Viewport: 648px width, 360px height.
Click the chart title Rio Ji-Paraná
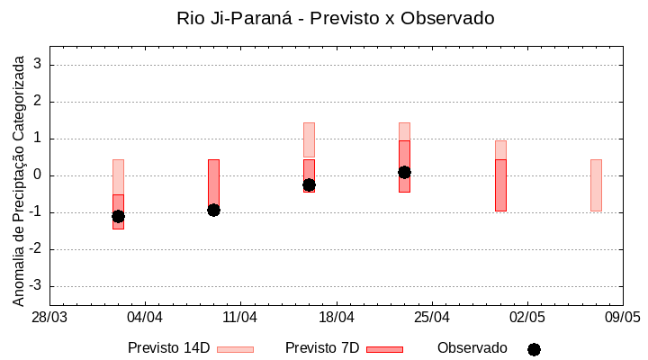click(x=336, y=18)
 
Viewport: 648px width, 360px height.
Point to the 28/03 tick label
click(x=49, y=318)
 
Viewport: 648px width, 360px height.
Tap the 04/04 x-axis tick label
click(x=145, y=318)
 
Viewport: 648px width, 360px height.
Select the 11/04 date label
click(x=240, y=318)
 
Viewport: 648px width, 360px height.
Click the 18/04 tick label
click(x=336, y=318)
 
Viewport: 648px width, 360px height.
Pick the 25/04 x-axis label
click(x=432, y=318)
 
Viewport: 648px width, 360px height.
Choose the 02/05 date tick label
click(x=527, y=318)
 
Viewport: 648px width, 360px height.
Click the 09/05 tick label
click(x=623, y=318)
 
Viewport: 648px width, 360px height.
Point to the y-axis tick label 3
click(x=39, y=65)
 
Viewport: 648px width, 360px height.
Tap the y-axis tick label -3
click(x=36, y=286)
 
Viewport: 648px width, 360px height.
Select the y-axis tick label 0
click(x=39, y=175)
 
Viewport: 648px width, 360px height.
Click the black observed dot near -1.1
click(x=118, y=216)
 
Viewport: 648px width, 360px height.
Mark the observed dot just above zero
click(x=404, y=172)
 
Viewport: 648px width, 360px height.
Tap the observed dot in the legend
click(x=534, y=349)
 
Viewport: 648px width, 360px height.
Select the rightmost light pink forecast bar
click(x=596, y=184)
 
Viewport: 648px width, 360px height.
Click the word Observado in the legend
click(x=472, y=347)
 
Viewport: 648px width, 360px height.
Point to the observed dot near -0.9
click(x=213, y=210)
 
